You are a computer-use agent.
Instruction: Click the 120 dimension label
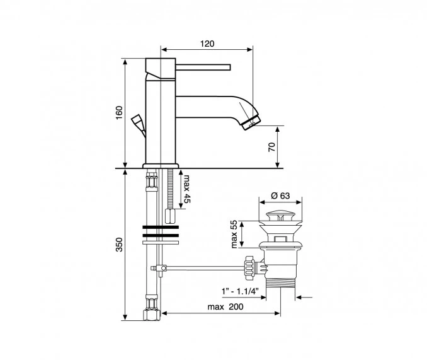coord(207,44)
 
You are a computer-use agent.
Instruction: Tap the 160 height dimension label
coord(119,113)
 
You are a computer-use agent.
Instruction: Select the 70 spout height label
coord(272,147)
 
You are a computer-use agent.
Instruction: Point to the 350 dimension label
coord(119,245)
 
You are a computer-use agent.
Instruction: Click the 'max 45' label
coord(187,189)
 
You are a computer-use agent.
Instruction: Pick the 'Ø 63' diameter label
coord(280,195)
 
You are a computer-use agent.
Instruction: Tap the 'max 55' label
coord(234,235)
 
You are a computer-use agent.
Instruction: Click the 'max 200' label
coord(225,307)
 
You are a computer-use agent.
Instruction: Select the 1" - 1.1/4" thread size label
coord(240,291)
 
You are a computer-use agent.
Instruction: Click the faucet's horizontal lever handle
coord(203,67)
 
